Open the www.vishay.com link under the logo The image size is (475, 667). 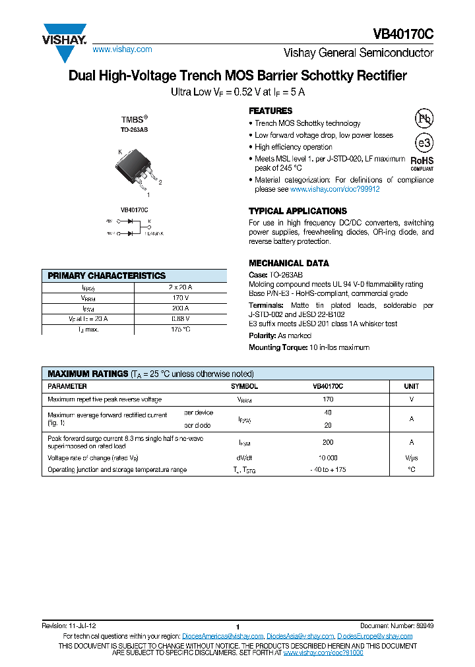(122, 49)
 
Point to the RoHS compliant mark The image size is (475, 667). (422, 162)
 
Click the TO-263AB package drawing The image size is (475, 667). (137, 168)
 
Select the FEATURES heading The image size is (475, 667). (270, 111)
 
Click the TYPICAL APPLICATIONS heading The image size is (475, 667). (298, 211)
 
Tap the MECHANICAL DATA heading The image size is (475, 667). (288, 263)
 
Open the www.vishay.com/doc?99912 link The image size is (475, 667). (335, 189)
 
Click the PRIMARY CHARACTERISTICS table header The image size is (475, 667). (107, 275)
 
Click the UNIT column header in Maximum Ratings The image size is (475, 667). (412, 386)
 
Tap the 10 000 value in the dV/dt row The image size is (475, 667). (328, 457)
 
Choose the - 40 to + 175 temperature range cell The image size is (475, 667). (328, 469)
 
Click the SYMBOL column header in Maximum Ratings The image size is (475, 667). (244, 386)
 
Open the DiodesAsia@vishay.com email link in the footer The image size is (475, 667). (300, 636)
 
